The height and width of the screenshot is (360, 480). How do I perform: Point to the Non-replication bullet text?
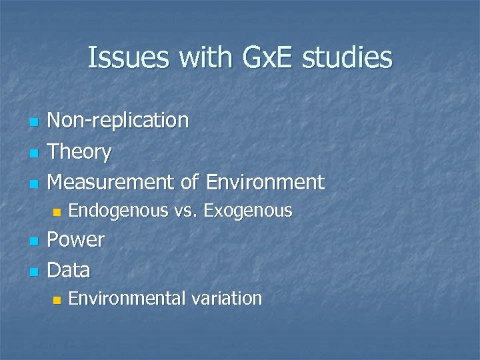[119, 121]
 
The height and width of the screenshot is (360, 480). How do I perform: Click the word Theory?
[80, 152]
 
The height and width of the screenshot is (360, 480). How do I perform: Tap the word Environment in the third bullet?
[265, 181]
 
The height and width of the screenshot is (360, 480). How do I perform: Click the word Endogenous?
[118, 211]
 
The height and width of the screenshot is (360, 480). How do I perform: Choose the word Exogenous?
[248, 211]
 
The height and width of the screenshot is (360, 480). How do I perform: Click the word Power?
[76, 240]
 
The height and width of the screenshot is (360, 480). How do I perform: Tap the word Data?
[69, 270]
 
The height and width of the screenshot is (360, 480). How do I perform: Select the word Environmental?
[127, 299]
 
